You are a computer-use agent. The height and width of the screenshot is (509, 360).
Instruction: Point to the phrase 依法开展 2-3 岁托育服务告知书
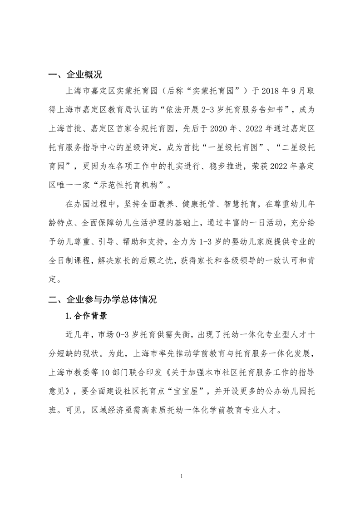click(x=231, y=108)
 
